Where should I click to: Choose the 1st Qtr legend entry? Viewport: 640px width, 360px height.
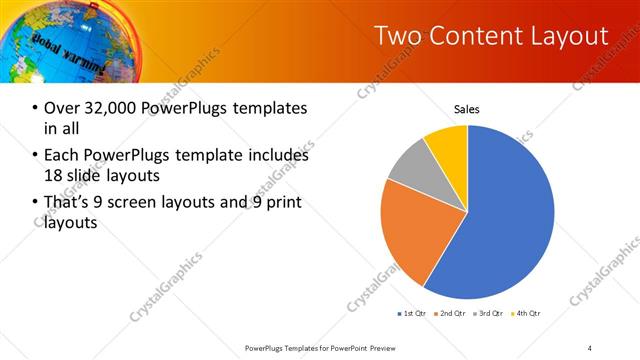413,314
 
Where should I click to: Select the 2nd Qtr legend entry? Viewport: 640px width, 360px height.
451,314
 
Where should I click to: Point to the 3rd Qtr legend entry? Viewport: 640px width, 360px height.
489,314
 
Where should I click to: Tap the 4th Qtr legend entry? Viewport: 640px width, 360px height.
526,314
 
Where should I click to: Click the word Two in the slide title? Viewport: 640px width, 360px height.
397,36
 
